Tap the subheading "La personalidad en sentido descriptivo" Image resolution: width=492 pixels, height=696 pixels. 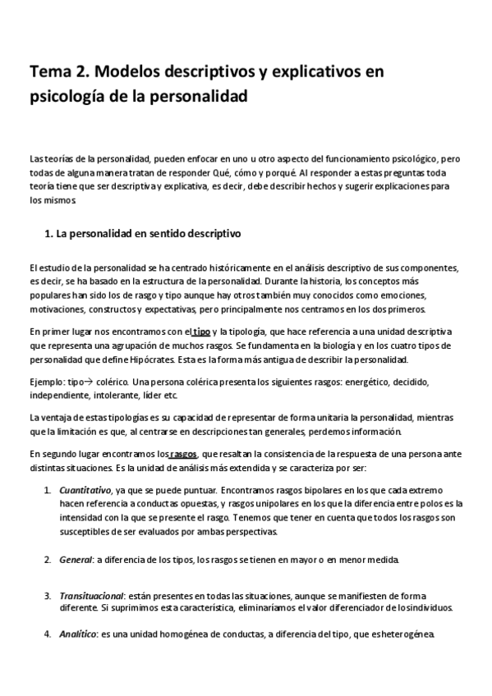tap(148, 234)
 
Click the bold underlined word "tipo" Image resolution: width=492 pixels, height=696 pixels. tap(200, 332)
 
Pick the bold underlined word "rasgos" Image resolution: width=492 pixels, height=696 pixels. tap(182, 453)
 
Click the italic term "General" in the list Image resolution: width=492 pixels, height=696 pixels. tap(76, 560)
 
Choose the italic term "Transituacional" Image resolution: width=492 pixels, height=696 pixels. tap(90, 595)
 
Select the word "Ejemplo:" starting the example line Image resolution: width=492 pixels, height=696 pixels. tap(47, 382)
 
